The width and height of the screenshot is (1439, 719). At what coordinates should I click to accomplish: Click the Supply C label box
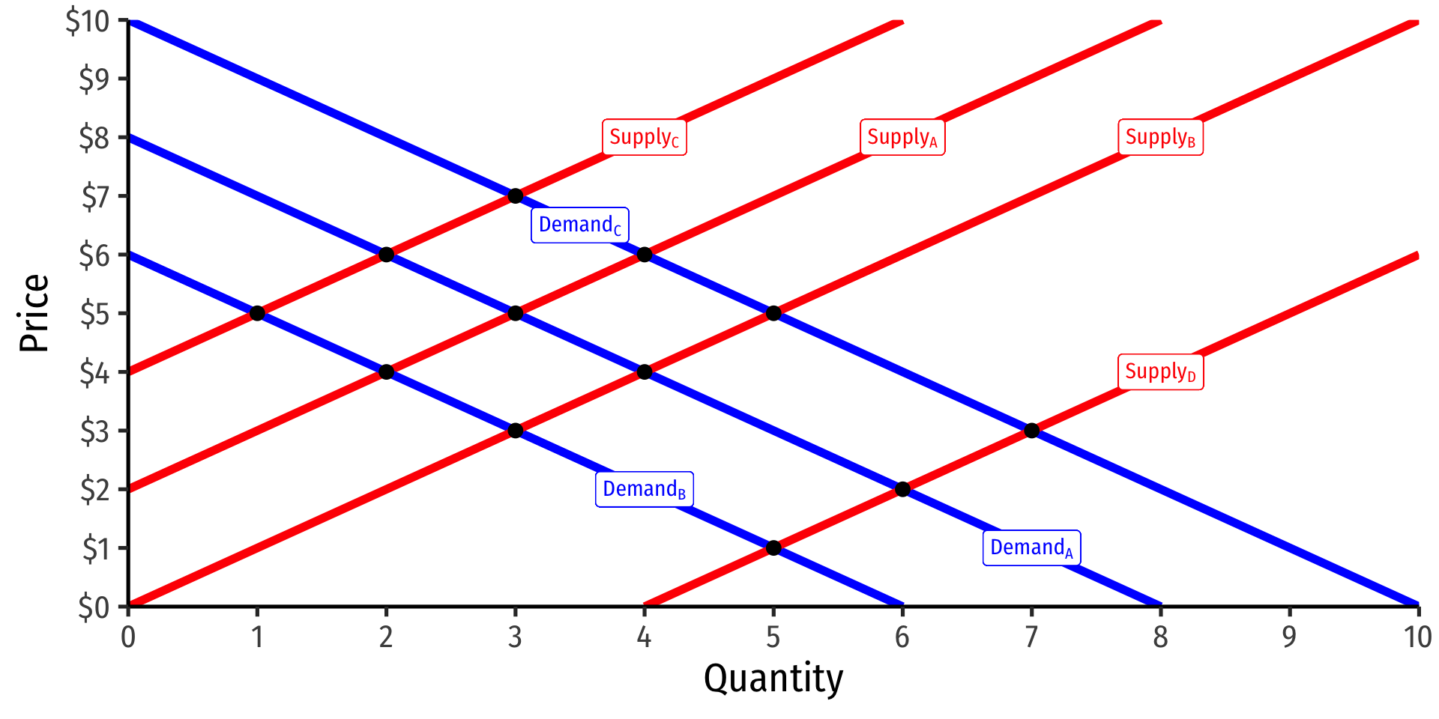[x=645, y=137]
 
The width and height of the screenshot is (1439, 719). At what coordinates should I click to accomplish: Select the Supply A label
[x=902, y=137]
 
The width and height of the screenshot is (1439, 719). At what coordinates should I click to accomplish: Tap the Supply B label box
[x=1160, y=137]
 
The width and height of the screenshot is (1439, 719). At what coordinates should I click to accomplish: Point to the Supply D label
[x=1160, y=371]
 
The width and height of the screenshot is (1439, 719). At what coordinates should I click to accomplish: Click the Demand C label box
[x=580, y=225]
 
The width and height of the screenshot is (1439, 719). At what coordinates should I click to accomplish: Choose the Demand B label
[x=645, y=489]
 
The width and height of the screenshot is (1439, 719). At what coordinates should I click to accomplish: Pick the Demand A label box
[x=1031, y=547]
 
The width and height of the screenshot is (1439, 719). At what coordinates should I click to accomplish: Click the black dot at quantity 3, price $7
[x=516, y=196]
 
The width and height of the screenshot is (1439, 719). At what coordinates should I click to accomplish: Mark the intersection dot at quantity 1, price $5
[x=257, y=313]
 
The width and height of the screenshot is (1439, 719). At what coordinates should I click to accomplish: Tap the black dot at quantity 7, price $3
[x=1032, y=431]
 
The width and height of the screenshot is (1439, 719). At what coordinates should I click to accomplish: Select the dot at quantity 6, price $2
[x=902, y=489]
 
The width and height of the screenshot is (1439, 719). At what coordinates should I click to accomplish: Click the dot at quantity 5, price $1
[x=773, y=547]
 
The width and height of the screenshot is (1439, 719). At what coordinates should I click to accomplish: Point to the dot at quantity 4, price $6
[x=645, y=255]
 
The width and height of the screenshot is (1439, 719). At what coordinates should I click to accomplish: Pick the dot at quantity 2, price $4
[x=386, y=371]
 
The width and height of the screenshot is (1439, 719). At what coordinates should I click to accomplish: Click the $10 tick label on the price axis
[x=88, y=21]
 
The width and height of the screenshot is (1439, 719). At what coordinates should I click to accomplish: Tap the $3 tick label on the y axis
[x=94, y=431]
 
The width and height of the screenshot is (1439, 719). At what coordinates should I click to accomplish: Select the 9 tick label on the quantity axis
[x=1289, y=637]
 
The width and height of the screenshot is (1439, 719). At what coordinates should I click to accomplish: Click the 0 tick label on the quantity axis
[x=128, y=637]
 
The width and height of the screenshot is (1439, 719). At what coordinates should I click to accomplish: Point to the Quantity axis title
[x=773, y=679]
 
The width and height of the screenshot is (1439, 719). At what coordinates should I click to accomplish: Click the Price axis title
[x=34, y=313]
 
